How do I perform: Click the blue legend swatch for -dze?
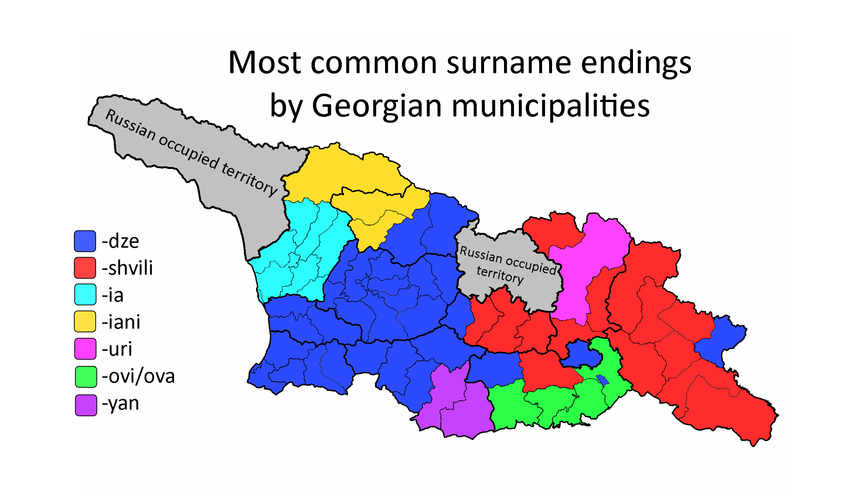pyautogui.click(x=85, y=241)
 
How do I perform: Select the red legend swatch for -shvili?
pyautogui.click(x=85, y=268)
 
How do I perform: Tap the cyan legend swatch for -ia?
pyautogui.click(x=85, y=294)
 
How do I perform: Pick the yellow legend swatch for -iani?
pyautogui.click(x=85, y=321)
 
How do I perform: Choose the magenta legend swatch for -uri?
pyautogui.click(x=85, y=349)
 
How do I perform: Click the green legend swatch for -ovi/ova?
pyautogui.click(x=86, y=376)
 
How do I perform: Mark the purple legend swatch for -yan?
pyautogui.click(x=86, y=405)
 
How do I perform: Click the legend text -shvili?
pyautogui.click(x=127, y=268)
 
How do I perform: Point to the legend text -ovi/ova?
pyautogui.click(x=138, y=376)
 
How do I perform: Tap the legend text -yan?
pyautogui.click(x=120, y=404)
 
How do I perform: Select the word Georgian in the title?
pyautogui.click(x=377, y=106)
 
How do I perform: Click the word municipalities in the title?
pyautogui.click(x=551, y=106)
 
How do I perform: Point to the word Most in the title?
pyautogui.click(x=265, y=63)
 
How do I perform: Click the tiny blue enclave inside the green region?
pyautogui.click(x=602, y=380)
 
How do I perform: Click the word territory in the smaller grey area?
pyautogui.click(x=500, y=275)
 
